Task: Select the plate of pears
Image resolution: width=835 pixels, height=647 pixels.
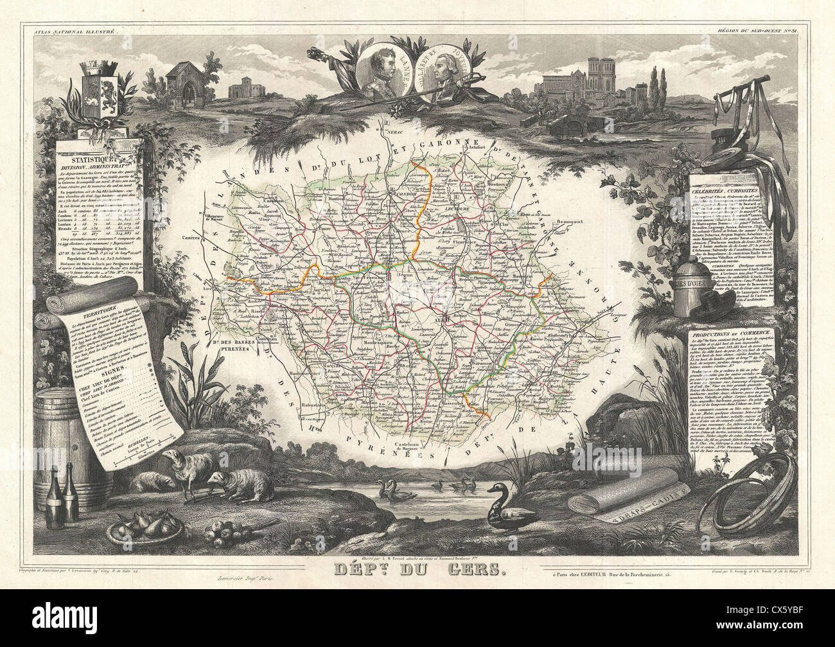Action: pos(138,526)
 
